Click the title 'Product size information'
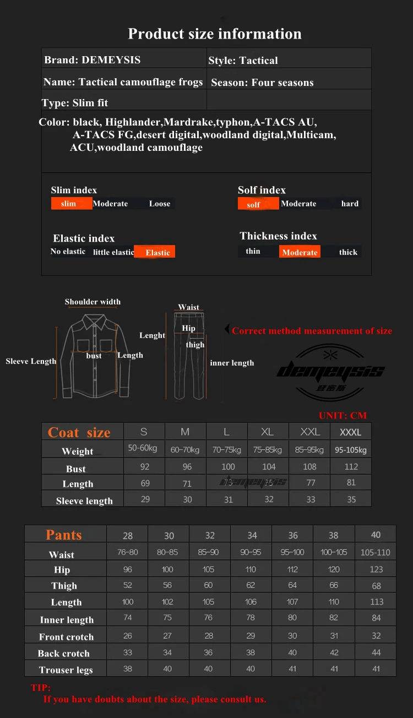(215, 34)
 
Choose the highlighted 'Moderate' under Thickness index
(300, 252)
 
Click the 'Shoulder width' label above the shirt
(93, 302)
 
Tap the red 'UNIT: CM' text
(343, 415)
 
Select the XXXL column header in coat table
(350, 432)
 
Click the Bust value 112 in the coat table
(351, 466)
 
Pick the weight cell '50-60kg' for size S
(143, 448)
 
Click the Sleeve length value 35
(351, 499)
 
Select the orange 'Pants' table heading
(64, 535)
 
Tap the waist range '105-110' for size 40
(376, 552)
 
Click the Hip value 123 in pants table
(376, 569)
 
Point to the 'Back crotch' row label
(63, 654)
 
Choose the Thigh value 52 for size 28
(128, 585)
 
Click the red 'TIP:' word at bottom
(40, 688)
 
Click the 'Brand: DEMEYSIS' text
(93, 60)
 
